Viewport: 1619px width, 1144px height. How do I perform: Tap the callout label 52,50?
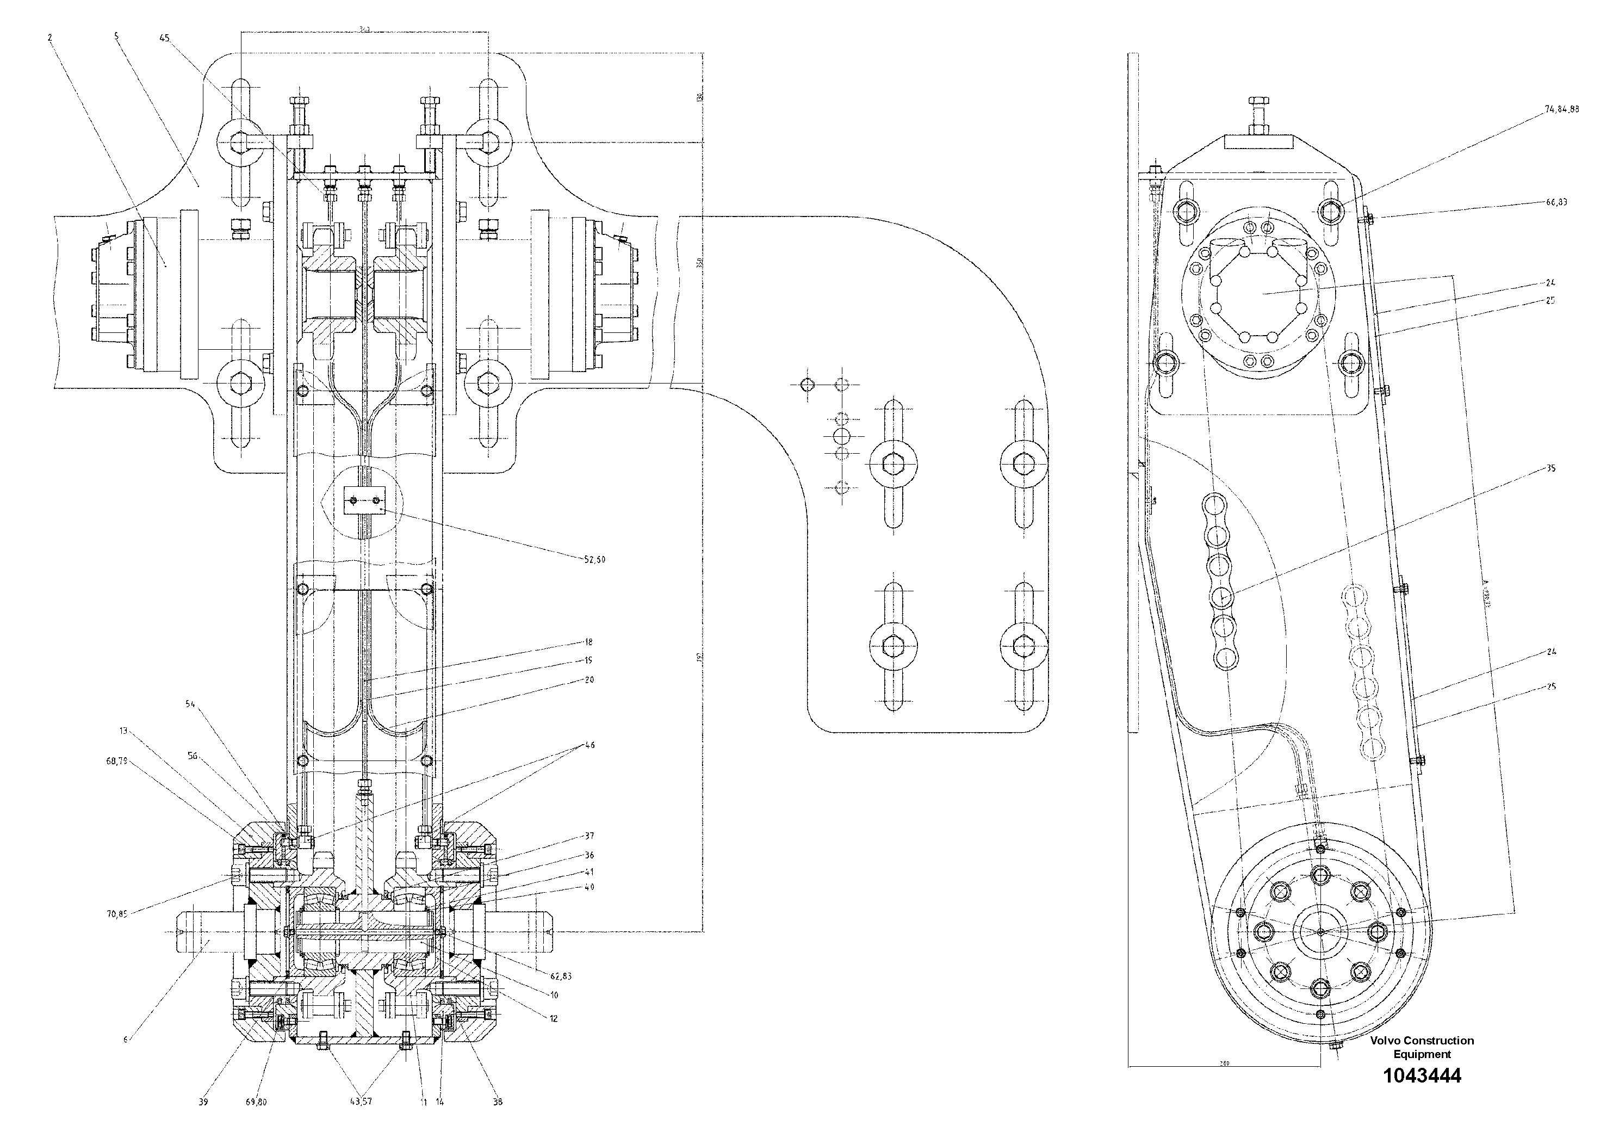594,559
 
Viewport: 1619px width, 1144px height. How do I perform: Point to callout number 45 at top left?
164,40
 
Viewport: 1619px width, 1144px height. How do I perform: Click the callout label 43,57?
362,1102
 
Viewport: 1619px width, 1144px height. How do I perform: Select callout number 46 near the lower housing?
590,745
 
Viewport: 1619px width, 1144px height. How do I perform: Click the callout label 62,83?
561,976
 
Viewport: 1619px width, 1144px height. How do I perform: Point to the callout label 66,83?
1556,202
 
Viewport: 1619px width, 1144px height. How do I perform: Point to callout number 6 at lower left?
126,1040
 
